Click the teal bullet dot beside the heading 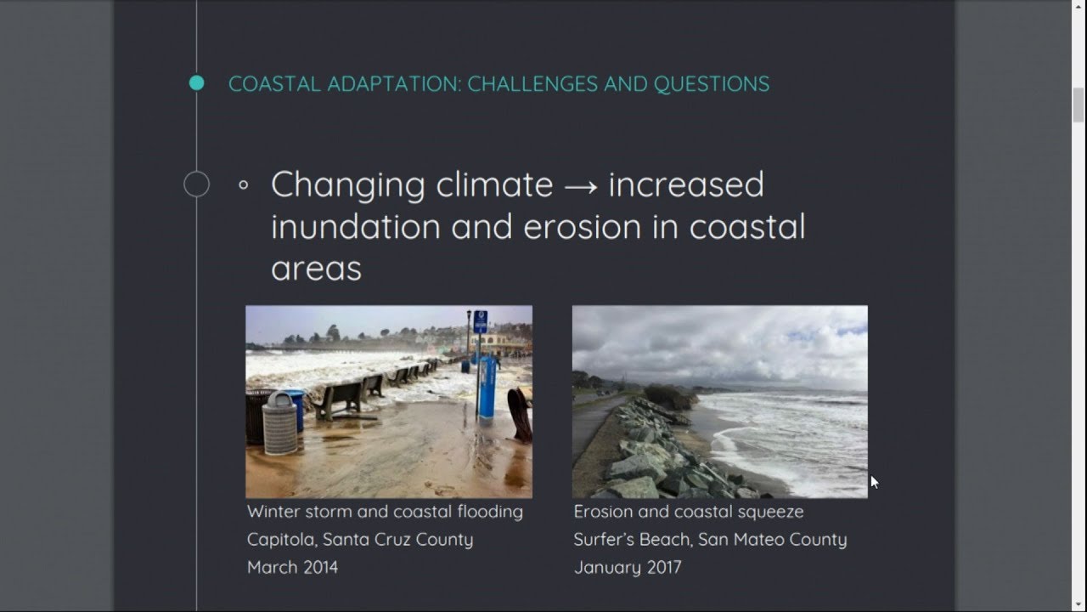(196, 83)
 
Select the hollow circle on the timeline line (196, 184)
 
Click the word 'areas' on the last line (316, 269)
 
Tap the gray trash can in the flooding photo (279, 424)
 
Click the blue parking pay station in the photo (487, 388)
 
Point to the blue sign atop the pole (480, 321)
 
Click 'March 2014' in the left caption (292, 567)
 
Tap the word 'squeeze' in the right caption (771, 512)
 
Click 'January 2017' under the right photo (627, 567)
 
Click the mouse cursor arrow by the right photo (874, 481)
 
